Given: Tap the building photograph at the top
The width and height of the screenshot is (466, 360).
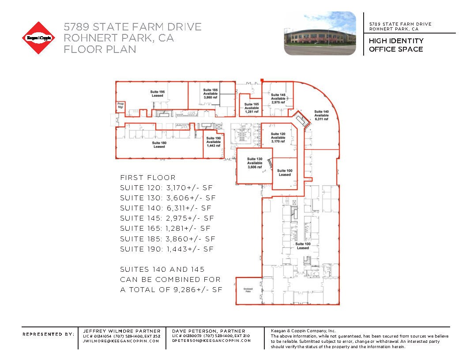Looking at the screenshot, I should point(320,34).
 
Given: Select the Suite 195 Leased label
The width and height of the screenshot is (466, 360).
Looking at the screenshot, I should point(158,94).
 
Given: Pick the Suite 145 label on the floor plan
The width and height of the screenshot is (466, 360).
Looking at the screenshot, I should point(278,98).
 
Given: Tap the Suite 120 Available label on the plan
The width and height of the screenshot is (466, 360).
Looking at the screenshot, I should point(278,138).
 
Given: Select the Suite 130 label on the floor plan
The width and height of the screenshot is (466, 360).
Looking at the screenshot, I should point(254,163).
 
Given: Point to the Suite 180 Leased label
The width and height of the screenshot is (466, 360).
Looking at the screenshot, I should point(159,145).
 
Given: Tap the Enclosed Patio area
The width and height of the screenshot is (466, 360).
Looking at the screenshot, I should point(248,290).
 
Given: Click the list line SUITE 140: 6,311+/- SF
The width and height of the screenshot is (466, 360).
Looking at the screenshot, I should point(165,208).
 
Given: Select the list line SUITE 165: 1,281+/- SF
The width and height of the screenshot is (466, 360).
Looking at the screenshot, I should point(165,229).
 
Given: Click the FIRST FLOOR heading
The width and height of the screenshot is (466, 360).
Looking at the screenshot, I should point(148,178).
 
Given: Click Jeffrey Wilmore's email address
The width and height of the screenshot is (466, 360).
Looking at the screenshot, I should point(121,341).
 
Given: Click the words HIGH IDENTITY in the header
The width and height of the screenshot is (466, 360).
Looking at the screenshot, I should point(396,41).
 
